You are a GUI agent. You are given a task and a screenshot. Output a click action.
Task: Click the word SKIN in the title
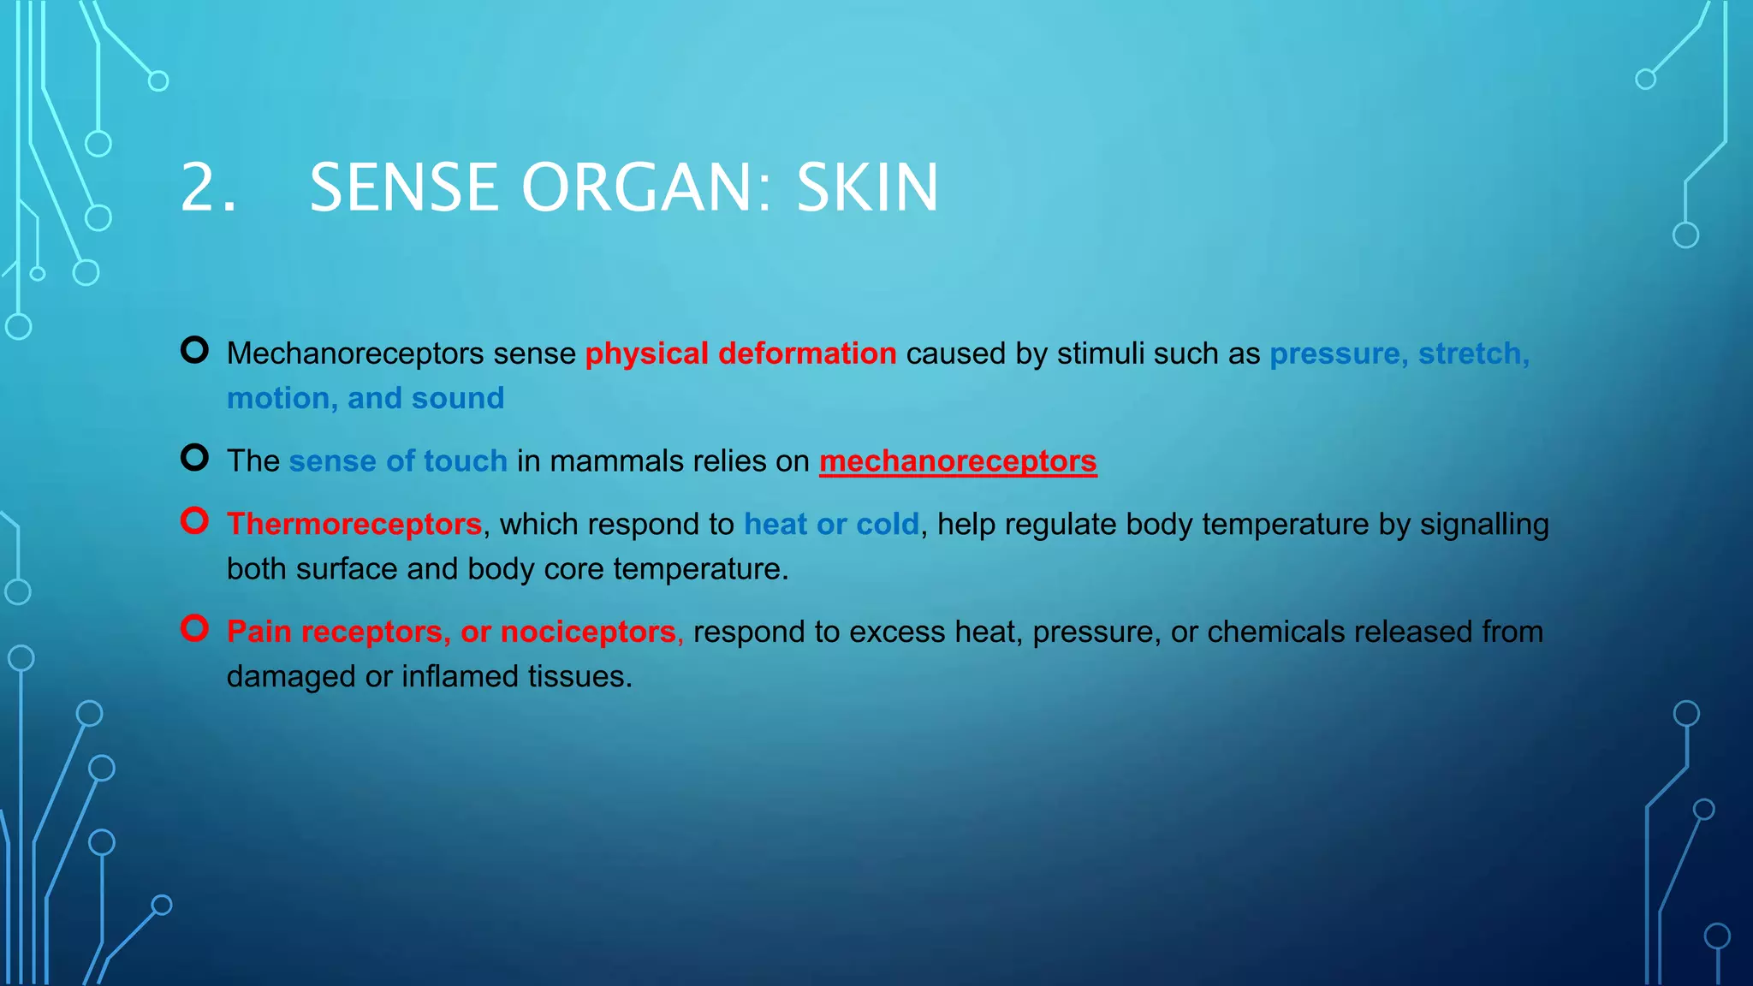click(x=867, y=187)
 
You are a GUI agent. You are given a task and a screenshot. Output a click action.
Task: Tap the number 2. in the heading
click(x=208, y=187)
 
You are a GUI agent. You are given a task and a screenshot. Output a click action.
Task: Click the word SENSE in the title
click(x=404, y=187)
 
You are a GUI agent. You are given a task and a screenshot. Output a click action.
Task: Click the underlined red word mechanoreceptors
click(x=958, y=461)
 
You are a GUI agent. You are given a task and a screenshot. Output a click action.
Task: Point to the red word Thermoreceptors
click(x=354, y=524)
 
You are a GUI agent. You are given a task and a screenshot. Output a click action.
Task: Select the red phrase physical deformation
click(x=740, y=353)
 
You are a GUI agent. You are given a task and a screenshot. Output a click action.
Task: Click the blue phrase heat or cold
click(x=831, y=524)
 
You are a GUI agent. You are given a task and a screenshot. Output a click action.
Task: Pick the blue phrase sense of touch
click(x=398, y=461)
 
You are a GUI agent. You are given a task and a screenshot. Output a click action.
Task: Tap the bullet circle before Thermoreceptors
click(x=195, y=520)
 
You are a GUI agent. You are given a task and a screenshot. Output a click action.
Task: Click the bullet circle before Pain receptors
click(x=195, y=628)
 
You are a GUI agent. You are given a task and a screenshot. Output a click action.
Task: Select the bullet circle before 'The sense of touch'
click(x=195, y=458)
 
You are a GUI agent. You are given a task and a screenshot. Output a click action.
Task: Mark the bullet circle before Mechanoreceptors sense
click(x=195, y=350)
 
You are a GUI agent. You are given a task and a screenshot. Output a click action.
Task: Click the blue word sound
click(x=458, y=399)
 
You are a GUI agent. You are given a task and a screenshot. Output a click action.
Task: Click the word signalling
click(x=1484, y=524)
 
